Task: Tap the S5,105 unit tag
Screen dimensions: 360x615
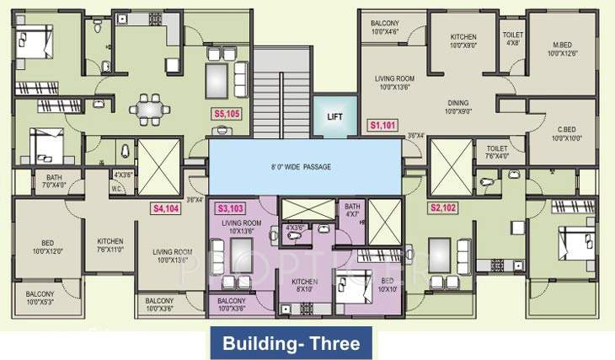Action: (227, 115)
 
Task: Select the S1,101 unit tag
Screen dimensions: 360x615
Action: (383, 125)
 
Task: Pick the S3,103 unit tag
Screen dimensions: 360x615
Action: (232, 207)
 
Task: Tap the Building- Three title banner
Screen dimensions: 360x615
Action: (291, 344)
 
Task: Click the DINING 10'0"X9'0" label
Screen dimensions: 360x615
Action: (458, 107)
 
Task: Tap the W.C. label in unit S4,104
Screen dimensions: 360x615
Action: (119, 189)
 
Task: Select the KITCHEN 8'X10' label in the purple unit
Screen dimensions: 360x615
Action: (304, 286)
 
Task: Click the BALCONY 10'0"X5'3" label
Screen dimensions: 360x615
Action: (33, 298)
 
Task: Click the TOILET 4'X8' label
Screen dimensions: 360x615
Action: (512, 40)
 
